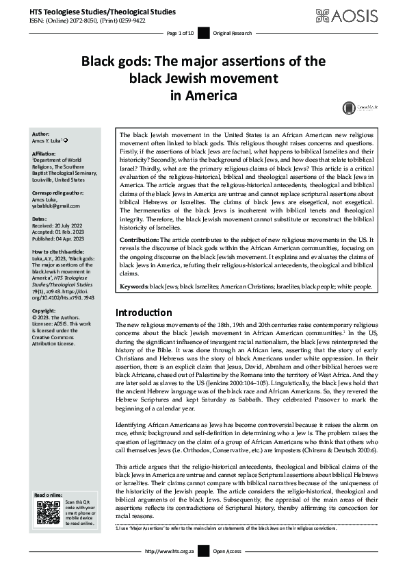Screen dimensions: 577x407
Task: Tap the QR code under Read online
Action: tap(48, 513)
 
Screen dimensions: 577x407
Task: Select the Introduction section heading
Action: tap(144, 312)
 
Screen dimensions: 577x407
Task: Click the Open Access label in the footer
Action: tap(227, 550)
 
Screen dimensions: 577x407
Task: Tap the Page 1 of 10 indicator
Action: tap(181, 33)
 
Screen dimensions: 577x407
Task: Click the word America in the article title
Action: tap(203, 95)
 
